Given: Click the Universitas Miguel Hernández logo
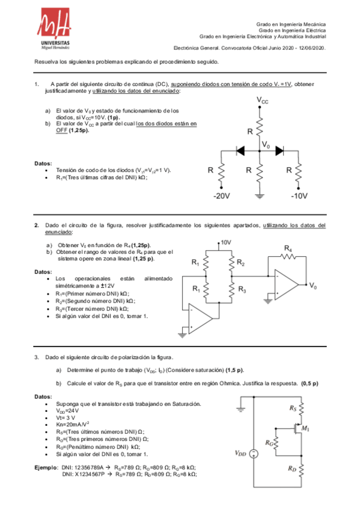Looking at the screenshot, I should (55, 31).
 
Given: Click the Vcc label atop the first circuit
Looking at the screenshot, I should (263, 101).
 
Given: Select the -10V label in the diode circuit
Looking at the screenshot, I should (299, 196).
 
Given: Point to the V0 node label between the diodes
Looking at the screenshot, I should (266, 145).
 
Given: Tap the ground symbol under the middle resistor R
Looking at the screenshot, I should (260, 194).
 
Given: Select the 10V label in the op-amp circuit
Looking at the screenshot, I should (225, 242).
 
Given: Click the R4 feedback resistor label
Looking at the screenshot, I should (288, 248).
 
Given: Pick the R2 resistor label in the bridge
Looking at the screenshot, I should (240, 263).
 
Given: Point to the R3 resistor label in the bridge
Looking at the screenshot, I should (242, 289).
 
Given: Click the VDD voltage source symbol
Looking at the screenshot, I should (254, 455).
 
